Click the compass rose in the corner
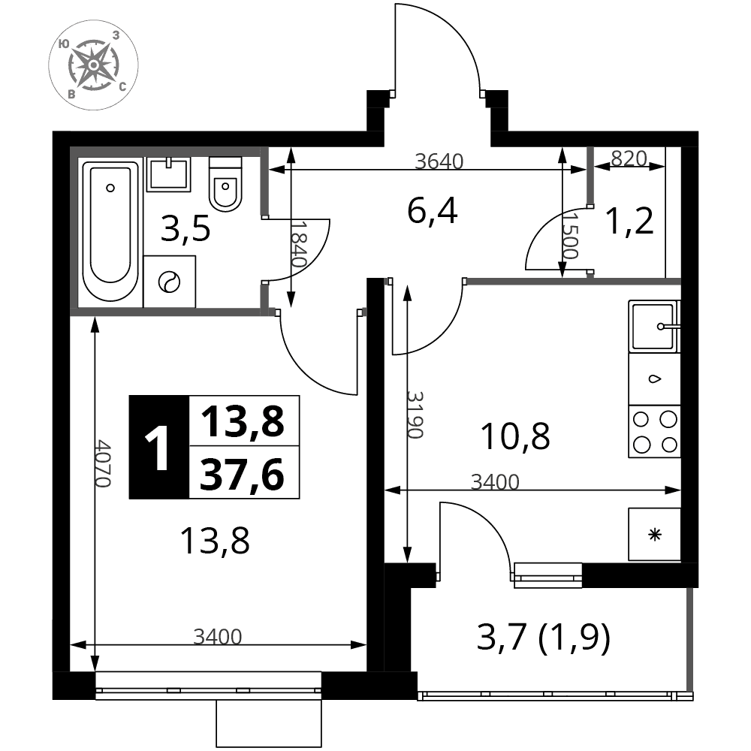coord(93,65)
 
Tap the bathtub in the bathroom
coord(110,231)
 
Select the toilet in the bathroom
coord(225,185)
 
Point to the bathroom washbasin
coord(168,174)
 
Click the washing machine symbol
coord(169,282)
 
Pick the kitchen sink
coord(654,326)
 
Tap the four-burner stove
coord(655,432)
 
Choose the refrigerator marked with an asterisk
coord(654,534)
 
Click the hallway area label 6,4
coord(432,211)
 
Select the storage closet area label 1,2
coord(629,222)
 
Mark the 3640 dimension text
coord(439,162)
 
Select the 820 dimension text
coord(629,158)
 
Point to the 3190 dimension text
coord(415,415)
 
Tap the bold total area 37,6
coord(243,474)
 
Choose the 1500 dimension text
coord(569,236)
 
